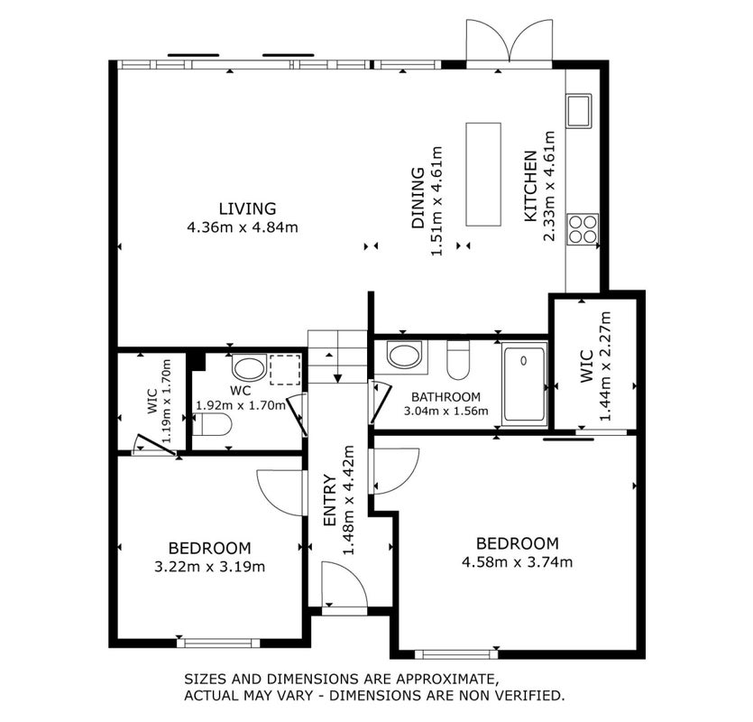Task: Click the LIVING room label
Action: click(x=247, y=208)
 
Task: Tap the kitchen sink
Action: click(x=578, y=111)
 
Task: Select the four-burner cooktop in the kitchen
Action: click(x=583, y=229)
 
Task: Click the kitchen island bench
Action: click(x=483, y=174)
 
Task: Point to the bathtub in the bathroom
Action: click(x=524, y=384)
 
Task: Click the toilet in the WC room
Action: click(x=212, y=424)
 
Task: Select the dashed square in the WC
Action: click(x=285, y=370)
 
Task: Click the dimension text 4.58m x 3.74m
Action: click(x=517, y=562)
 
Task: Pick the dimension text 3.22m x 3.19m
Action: click(x=209, y=567)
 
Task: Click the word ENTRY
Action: click(x=329, y=500)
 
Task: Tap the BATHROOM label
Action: click(x=445, y=397)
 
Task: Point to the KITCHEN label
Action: click(x=530, y=187)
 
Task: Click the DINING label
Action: click(x=418, y=198)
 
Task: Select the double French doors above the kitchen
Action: click(x=509, y=43)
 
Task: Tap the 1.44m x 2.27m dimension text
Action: click(x=606, y=366)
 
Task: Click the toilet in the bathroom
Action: click(x=457, y=359)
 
